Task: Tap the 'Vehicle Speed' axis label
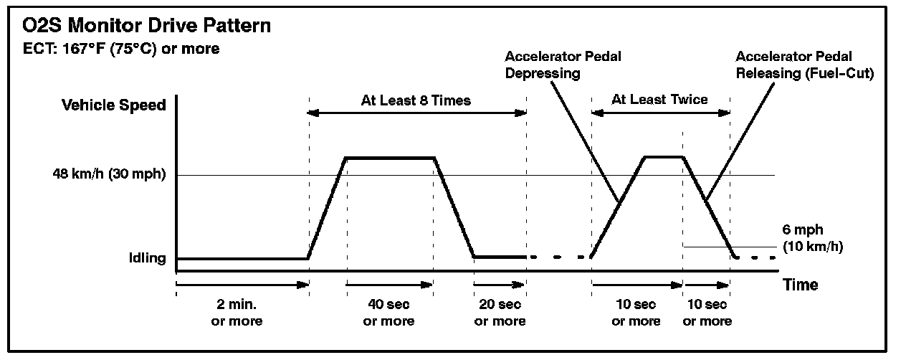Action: [x=114, y=105]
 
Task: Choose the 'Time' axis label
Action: [x=800, y=285]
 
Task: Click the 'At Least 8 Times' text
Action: [x=416, y=100]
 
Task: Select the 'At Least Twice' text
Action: [x=659, y=100]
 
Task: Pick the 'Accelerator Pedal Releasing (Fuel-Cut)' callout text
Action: [x=804, y=64]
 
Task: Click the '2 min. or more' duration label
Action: [x=237, y=313]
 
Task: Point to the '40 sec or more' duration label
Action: [x=388, y=313]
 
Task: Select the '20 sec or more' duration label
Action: [x=500, y=313]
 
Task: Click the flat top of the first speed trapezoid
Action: [x=391, y=157]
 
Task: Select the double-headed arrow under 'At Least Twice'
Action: [x=660, y=113]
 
